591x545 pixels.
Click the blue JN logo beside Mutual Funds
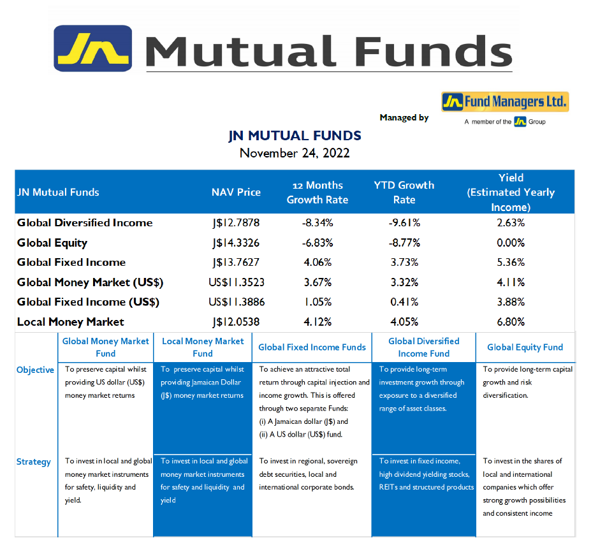92,48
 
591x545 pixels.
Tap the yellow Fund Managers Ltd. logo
505,102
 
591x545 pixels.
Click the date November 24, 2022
295,153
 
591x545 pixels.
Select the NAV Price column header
236,193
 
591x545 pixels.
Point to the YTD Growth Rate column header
404,193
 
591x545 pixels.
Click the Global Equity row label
52,243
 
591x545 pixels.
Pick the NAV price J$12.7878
236,222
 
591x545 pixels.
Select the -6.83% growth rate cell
317,243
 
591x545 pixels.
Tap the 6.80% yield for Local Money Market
511,322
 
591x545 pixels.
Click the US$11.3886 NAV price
237,302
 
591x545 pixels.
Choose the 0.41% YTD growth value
404,302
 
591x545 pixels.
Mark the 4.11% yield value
511,282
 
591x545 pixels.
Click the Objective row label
35,370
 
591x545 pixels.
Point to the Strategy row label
34,462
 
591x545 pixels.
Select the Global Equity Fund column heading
525,347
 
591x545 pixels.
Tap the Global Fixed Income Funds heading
312,347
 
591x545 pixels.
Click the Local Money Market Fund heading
203,347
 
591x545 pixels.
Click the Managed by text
404,117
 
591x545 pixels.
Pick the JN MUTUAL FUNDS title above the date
295,136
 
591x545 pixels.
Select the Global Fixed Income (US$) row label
88,302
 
